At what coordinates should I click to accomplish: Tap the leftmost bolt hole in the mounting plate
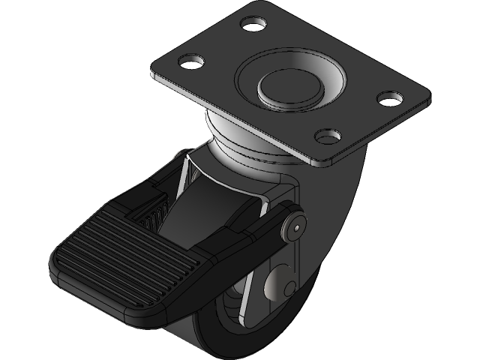click(x=194, y=59)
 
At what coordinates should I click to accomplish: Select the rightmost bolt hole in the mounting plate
click(x=389, y=97)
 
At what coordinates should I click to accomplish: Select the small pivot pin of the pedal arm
click(x=298, y=224)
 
